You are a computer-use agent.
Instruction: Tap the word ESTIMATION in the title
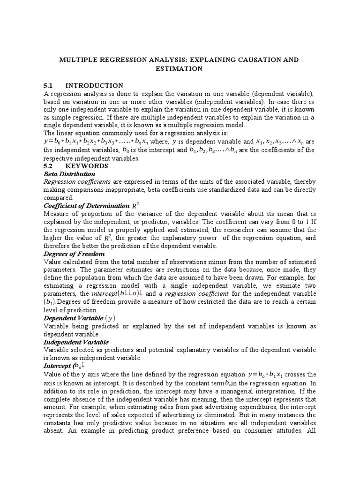click(179, 68)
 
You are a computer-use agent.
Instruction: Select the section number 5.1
click(48, 85)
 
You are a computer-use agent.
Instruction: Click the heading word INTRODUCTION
click(94, 85)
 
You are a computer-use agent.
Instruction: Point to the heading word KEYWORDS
click(87, 166)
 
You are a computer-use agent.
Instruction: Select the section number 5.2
click(49, 166)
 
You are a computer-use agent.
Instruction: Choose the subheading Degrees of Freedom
click(71, 254)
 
